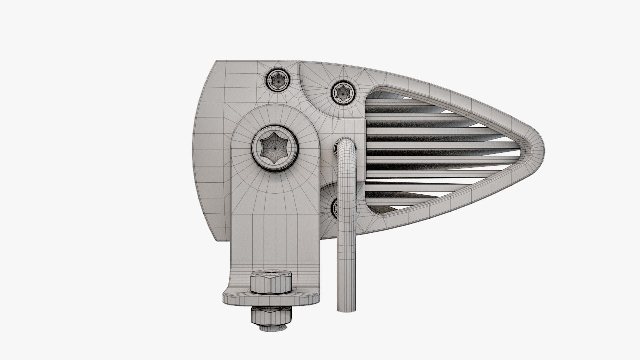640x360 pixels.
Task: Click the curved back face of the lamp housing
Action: pos(200,150)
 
